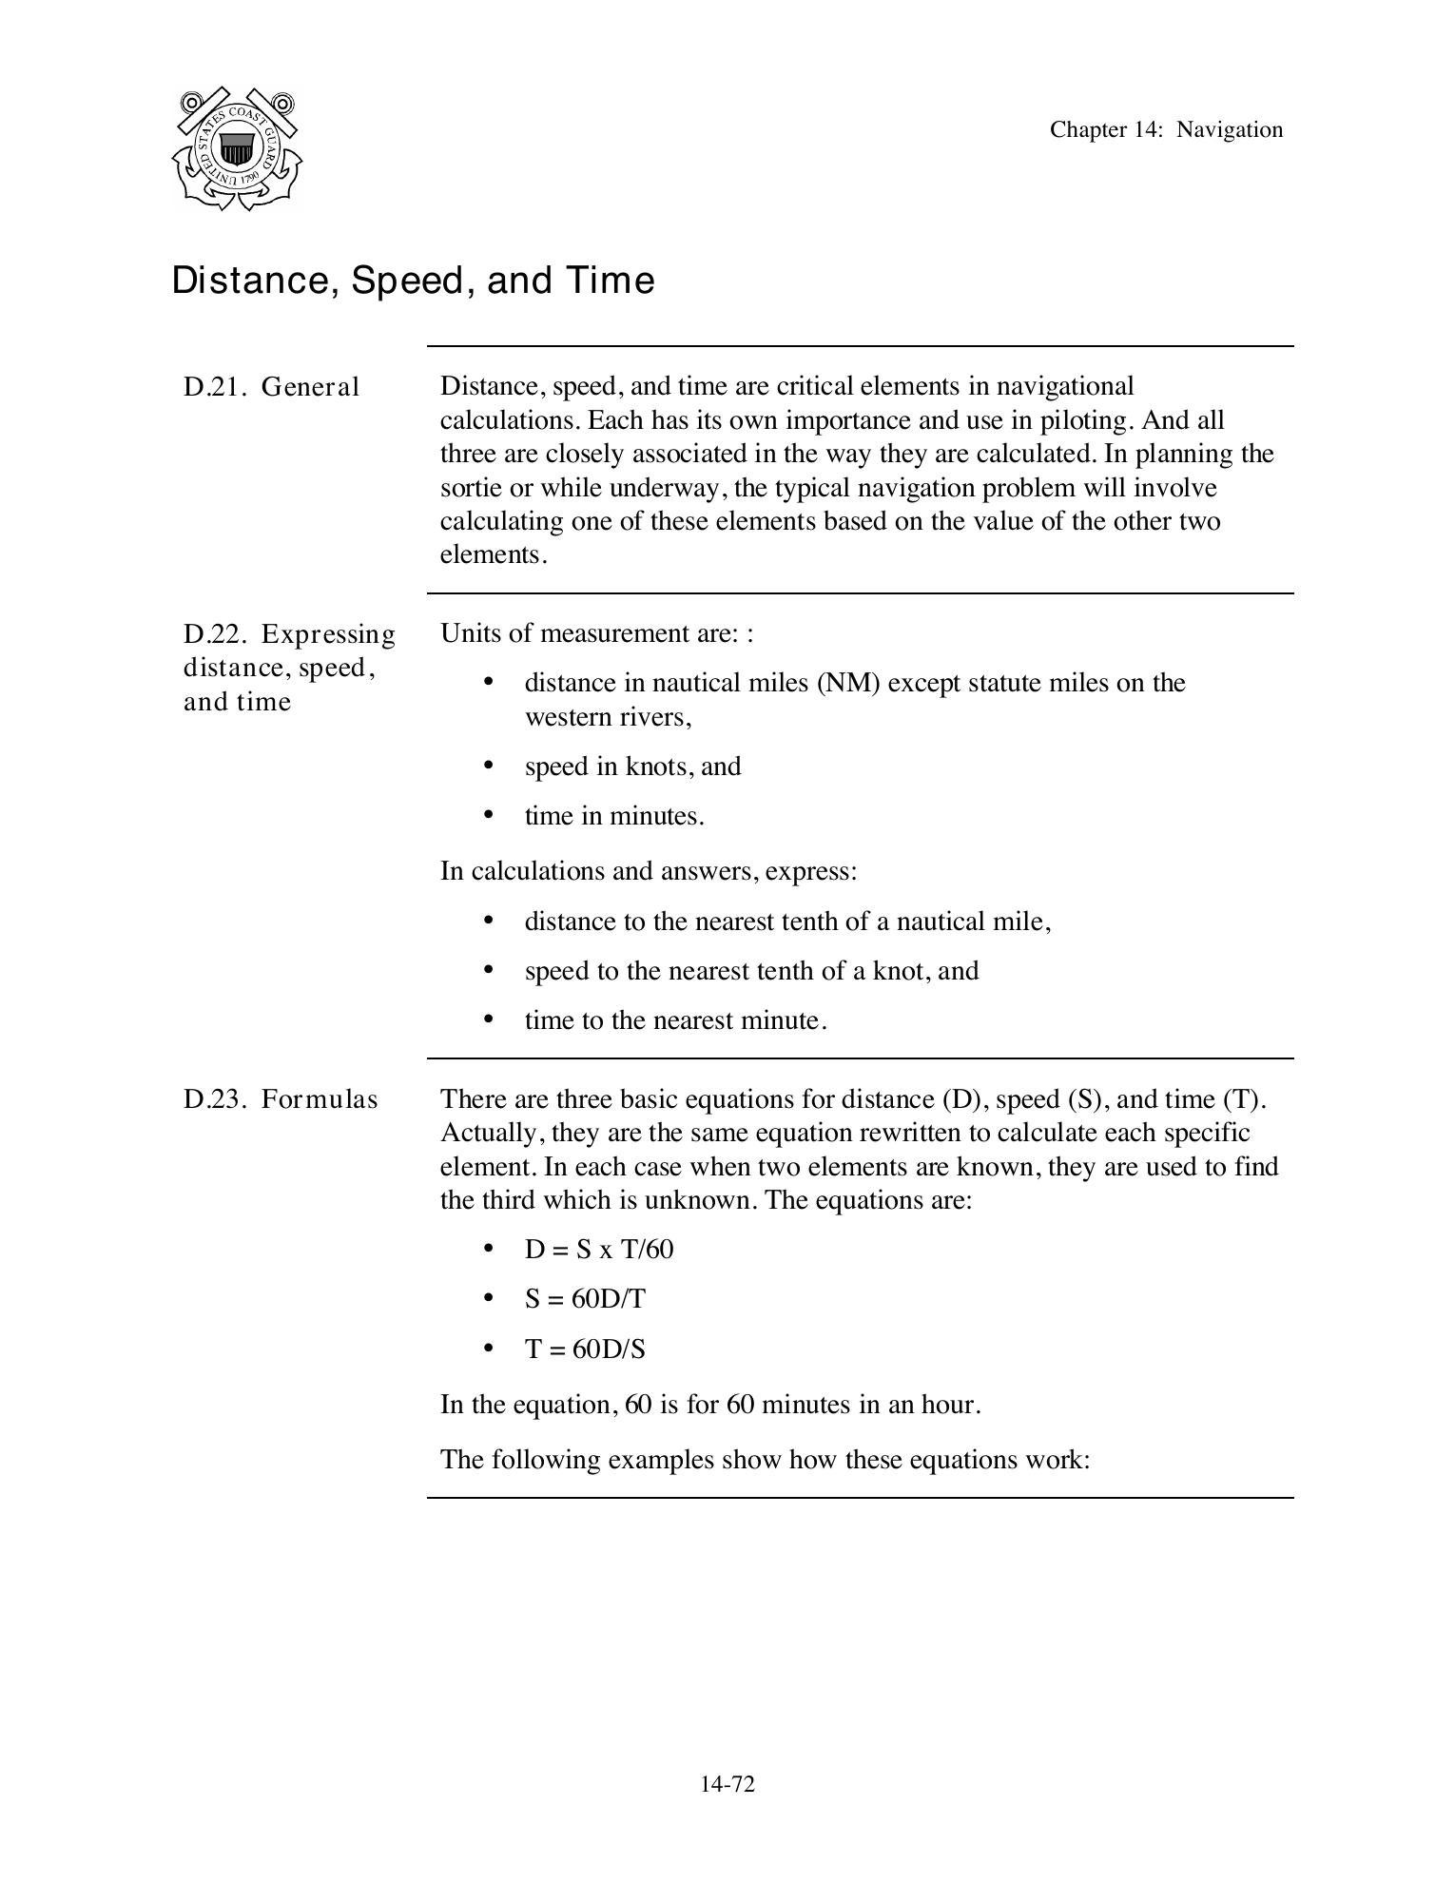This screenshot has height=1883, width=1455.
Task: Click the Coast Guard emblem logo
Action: pyautogui.click(x=237, y=148)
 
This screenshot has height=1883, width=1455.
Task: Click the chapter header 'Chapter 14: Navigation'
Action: pyautogui.click(x=1166, y=130)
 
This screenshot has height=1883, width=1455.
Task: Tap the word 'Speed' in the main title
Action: pyautogui.click(x=411, y=281)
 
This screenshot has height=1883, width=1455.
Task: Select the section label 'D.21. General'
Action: pyautogui.click(x=272, y=387)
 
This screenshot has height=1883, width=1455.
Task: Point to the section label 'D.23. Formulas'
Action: pyautogui.click(x=281, y=1099)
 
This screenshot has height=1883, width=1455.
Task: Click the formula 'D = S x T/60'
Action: pyautogui.click(x=599, y=1250)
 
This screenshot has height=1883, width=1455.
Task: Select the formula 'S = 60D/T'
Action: pyautogui.click(x=585, y=1299)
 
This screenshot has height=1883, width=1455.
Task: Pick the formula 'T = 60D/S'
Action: pyautogui.click(x=585, y=1349)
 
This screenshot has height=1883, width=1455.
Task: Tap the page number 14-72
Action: pyautogui.click(x=727, y=1784)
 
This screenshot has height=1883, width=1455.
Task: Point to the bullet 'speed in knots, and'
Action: pyautogui.click(x=632, y=767)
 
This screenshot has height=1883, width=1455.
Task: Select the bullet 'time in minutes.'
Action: pyautogui.click(x=614, y=816)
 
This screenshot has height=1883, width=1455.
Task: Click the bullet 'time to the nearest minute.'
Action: pyautogui.click(x=675, y=1020)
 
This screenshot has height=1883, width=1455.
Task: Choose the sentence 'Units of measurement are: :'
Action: pyautogui.click(x=597, y=633)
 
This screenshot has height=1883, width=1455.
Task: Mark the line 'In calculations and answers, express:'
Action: pyautogui.click(x=649, y=871)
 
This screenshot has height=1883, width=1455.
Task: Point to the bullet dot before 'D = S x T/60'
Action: pyautogui.click(x=489, y=1248)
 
